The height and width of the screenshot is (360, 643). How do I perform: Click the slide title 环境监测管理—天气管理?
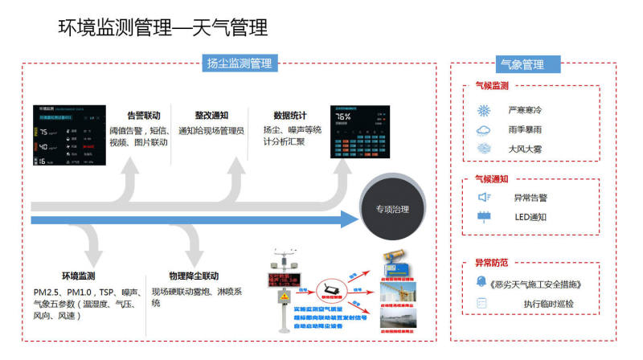click(163, 28)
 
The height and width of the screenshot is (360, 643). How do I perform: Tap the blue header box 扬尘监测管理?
click(239, 63)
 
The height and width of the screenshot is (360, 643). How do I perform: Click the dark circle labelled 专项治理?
click(392, 210)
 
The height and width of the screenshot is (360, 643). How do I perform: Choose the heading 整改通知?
click(211, 115)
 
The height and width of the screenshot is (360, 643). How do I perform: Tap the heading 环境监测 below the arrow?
click(78, 276)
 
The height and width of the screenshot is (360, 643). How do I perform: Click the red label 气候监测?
click(491, 86)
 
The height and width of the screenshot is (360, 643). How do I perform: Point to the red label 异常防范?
click(491, 263)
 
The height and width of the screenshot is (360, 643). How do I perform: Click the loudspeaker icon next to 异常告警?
click(485, 197)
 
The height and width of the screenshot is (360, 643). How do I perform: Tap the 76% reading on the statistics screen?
click(342, 116)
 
